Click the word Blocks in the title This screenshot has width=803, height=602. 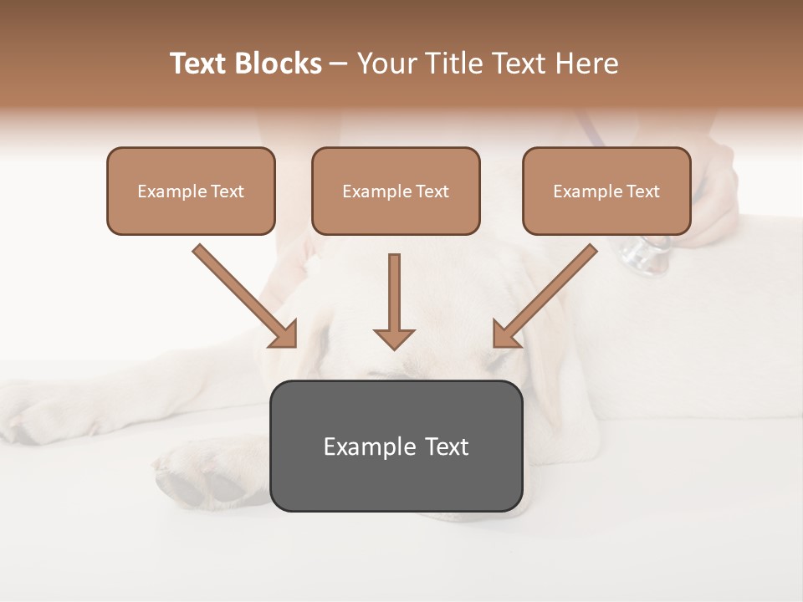click(279, 64)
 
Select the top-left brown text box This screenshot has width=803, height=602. click(191, 191)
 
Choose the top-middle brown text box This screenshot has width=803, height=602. click(396, 191)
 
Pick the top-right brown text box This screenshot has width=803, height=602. click(606, 191)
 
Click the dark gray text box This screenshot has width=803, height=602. click(396, 446)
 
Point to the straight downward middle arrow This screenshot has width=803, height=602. click(394, 301)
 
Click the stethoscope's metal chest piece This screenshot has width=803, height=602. click(647, 254)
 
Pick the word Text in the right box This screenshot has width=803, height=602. click(643, 191)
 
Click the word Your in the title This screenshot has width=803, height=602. click(386, 64)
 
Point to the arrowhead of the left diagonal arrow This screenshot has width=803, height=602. click(284, 334)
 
